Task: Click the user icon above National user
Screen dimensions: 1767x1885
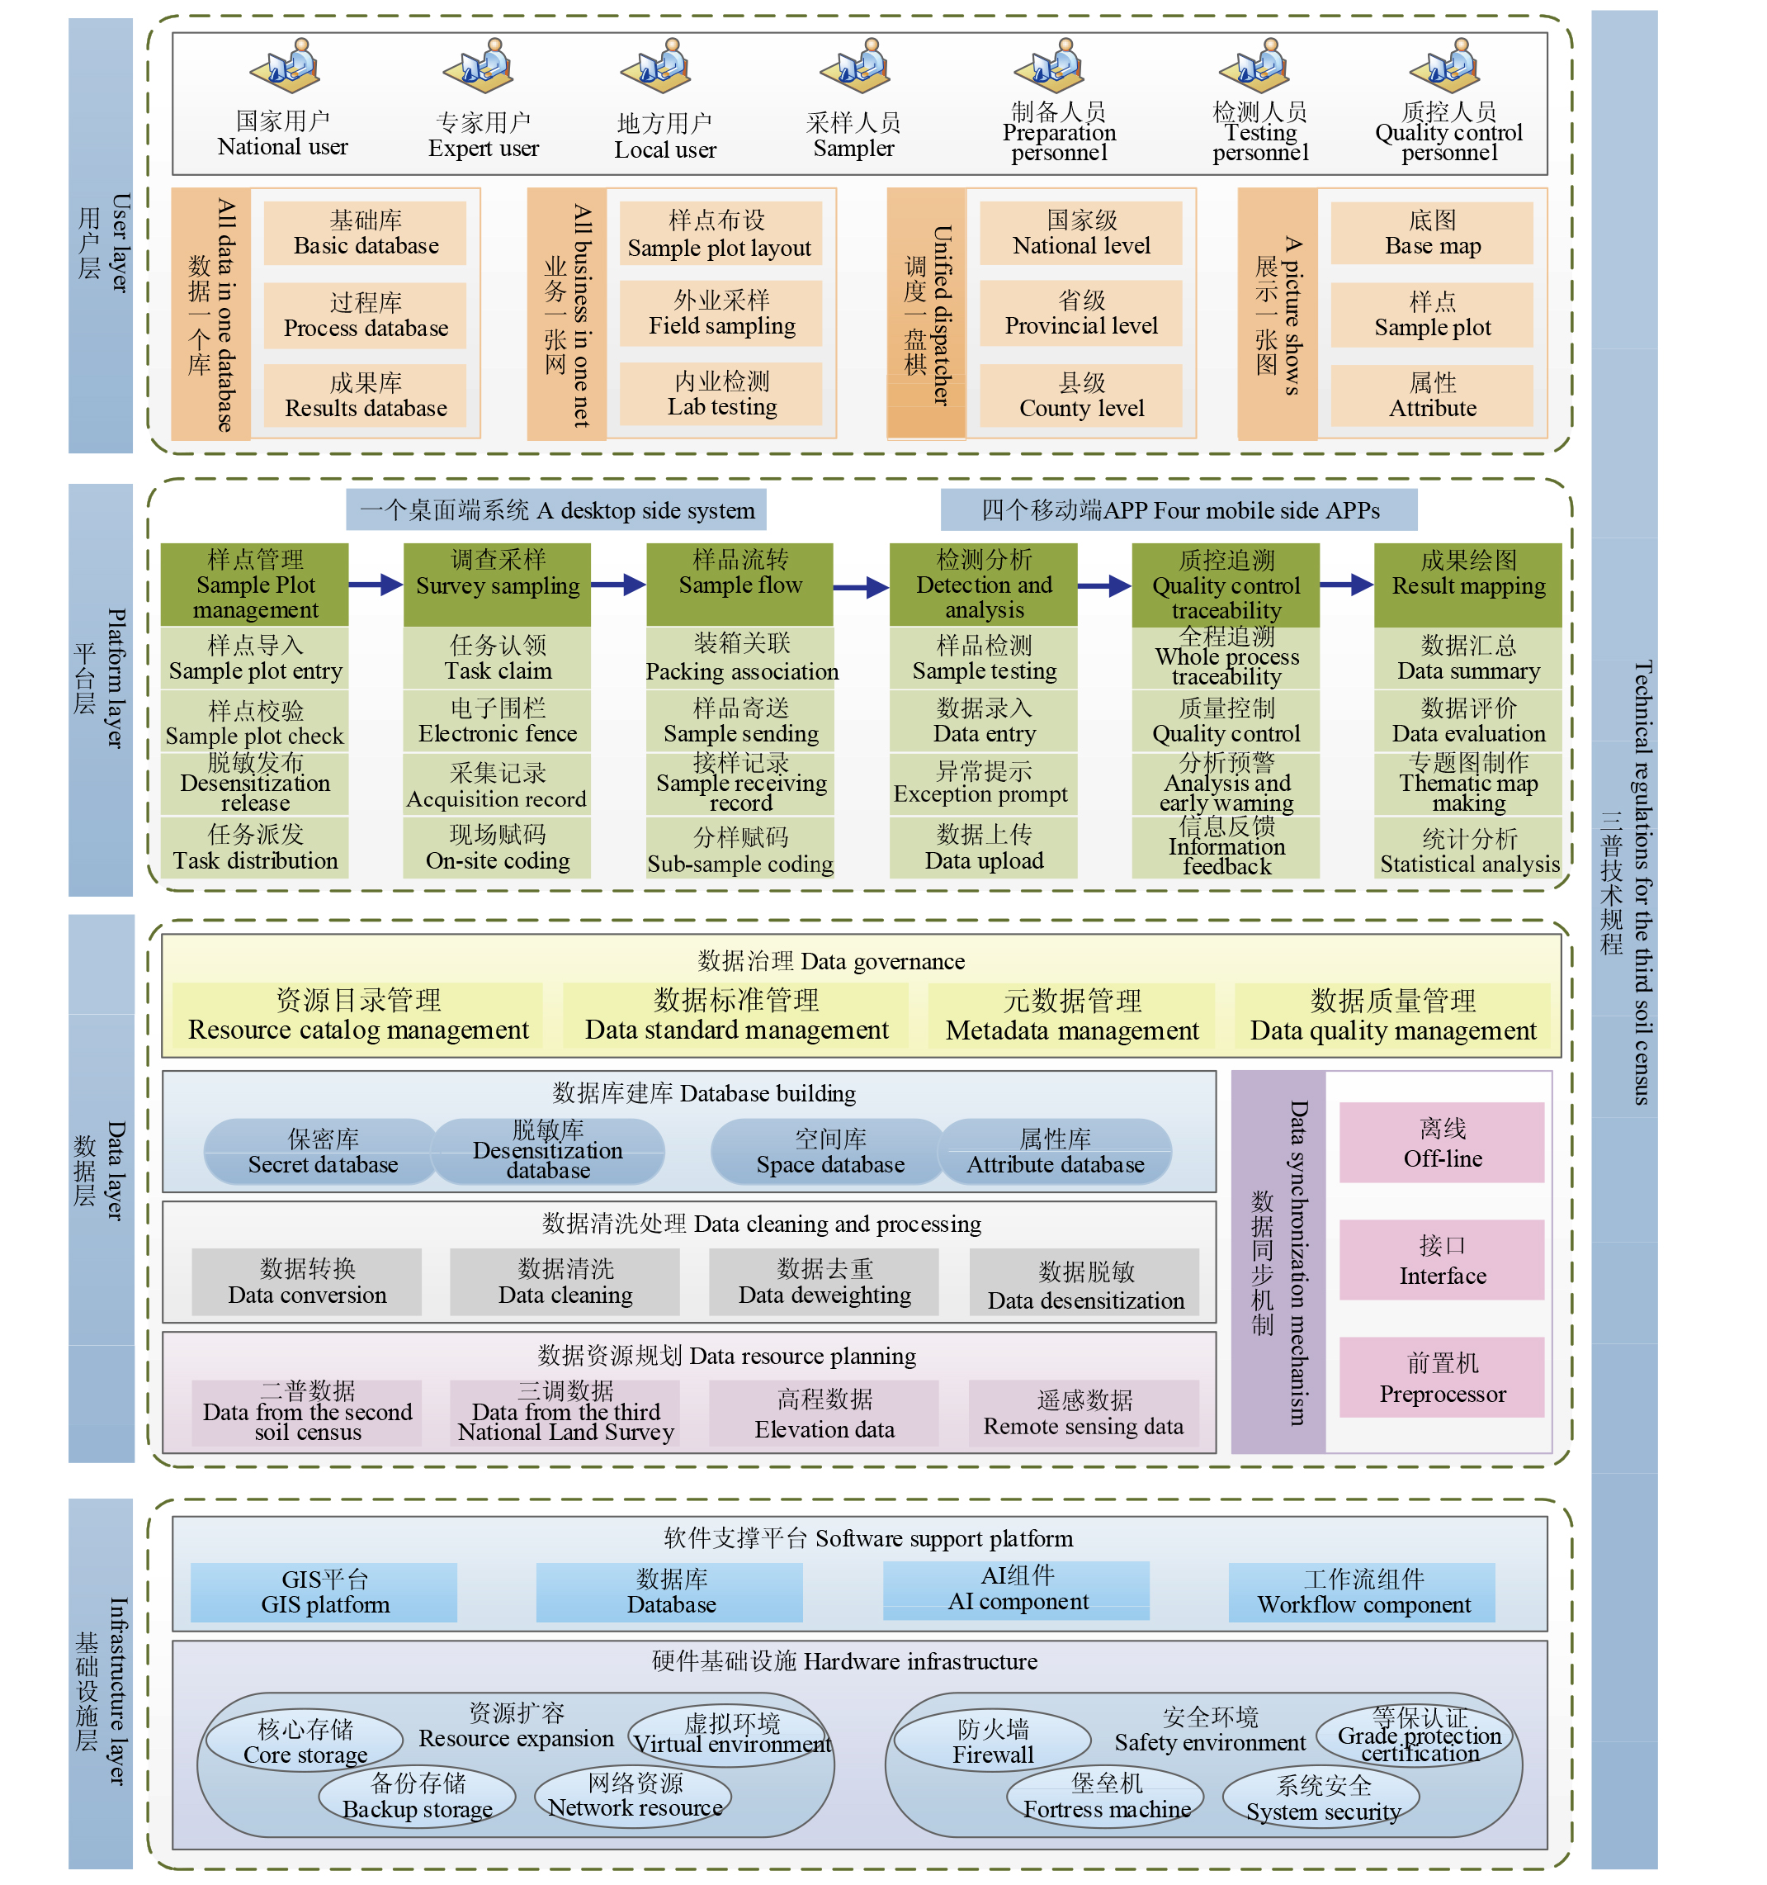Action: coord(286,65)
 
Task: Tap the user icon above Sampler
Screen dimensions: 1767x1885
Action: coord(855,65)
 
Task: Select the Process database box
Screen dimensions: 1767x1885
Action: coord(365,315)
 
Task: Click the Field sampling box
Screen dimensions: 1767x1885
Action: coord(721,313)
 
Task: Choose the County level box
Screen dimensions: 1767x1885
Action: coord(1082,395)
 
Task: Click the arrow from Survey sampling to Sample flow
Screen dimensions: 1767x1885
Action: coord(619,585)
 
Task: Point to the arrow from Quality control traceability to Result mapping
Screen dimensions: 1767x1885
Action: coord(1347,585)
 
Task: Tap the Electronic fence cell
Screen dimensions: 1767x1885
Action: coord(498,721)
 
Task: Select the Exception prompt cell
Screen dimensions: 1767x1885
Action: coord(983,784)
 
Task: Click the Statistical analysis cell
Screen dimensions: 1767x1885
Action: coord(1468,848)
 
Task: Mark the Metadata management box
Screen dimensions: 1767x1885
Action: coord(1071,1016)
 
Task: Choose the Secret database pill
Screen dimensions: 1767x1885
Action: coord(323,1151)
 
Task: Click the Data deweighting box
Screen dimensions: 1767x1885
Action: coord(824,1282)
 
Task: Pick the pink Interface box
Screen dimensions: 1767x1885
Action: coord(1442,1260)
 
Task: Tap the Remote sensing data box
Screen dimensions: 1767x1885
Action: coord(1084,1413)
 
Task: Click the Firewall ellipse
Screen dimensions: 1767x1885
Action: coord(993,1741)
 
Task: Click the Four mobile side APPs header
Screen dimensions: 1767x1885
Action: coord(1179,510)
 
